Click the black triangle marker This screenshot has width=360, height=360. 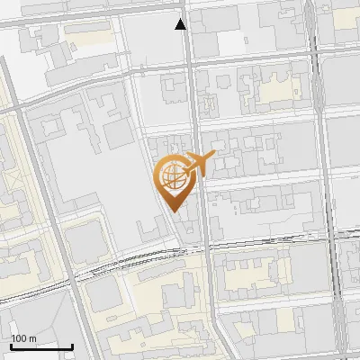182,24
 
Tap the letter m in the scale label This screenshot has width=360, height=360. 33,338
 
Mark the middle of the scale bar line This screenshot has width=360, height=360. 41,346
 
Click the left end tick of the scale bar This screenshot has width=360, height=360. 11,346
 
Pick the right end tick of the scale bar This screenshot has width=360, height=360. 72,346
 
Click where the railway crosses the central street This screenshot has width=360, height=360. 205,247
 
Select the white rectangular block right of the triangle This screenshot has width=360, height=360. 230,41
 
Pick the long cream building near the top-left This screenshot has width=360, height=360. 87,31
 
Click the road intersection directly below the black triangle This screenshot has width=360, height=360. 184,64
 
